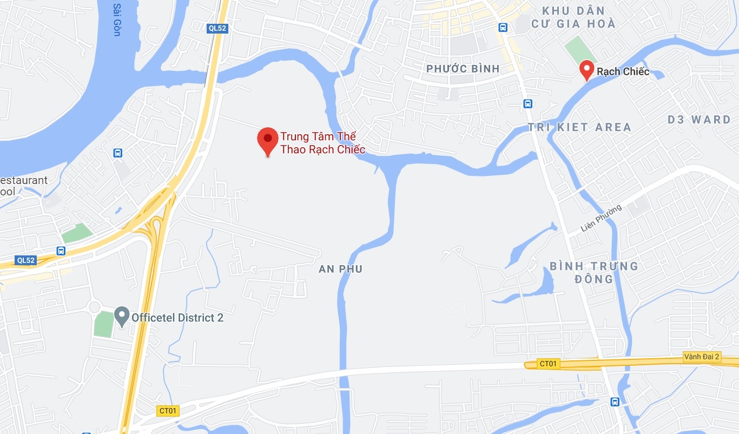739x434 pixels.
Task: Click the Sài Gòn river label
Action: (x=116, y=21)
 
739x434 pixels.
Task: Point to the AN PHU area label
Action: (x=340, y=269)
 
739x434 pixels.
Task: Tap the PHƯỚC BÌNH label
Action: (x=463, y=69)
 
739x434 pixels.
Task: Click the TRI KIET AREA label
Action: (x=579, y=127)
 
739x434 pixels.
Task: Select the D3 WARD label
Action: (x=699, y=120)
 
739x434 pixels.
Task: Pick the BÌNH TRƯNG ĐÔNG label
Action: (x=594, y=272)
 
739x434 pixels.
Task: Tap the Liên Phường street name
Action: (x=601, y=218)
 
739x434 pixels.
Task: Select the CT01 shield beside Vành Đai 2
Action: (x=548, y=364)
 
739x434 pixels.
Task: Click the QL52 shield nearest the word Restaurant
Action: (x=25, y=260)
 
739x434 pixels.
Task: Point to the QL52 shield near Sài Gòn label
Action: (x=217, y=28)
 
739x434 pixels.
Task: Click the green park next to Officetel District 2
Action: (x=103, y=323)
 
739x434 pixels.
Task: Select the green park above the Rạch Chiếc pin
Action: (x=580, y=50)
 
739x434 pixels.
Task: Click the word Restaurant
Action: (x=24, y=180)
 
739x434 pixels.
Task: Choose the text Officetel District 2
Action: (x=177, y=318)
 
